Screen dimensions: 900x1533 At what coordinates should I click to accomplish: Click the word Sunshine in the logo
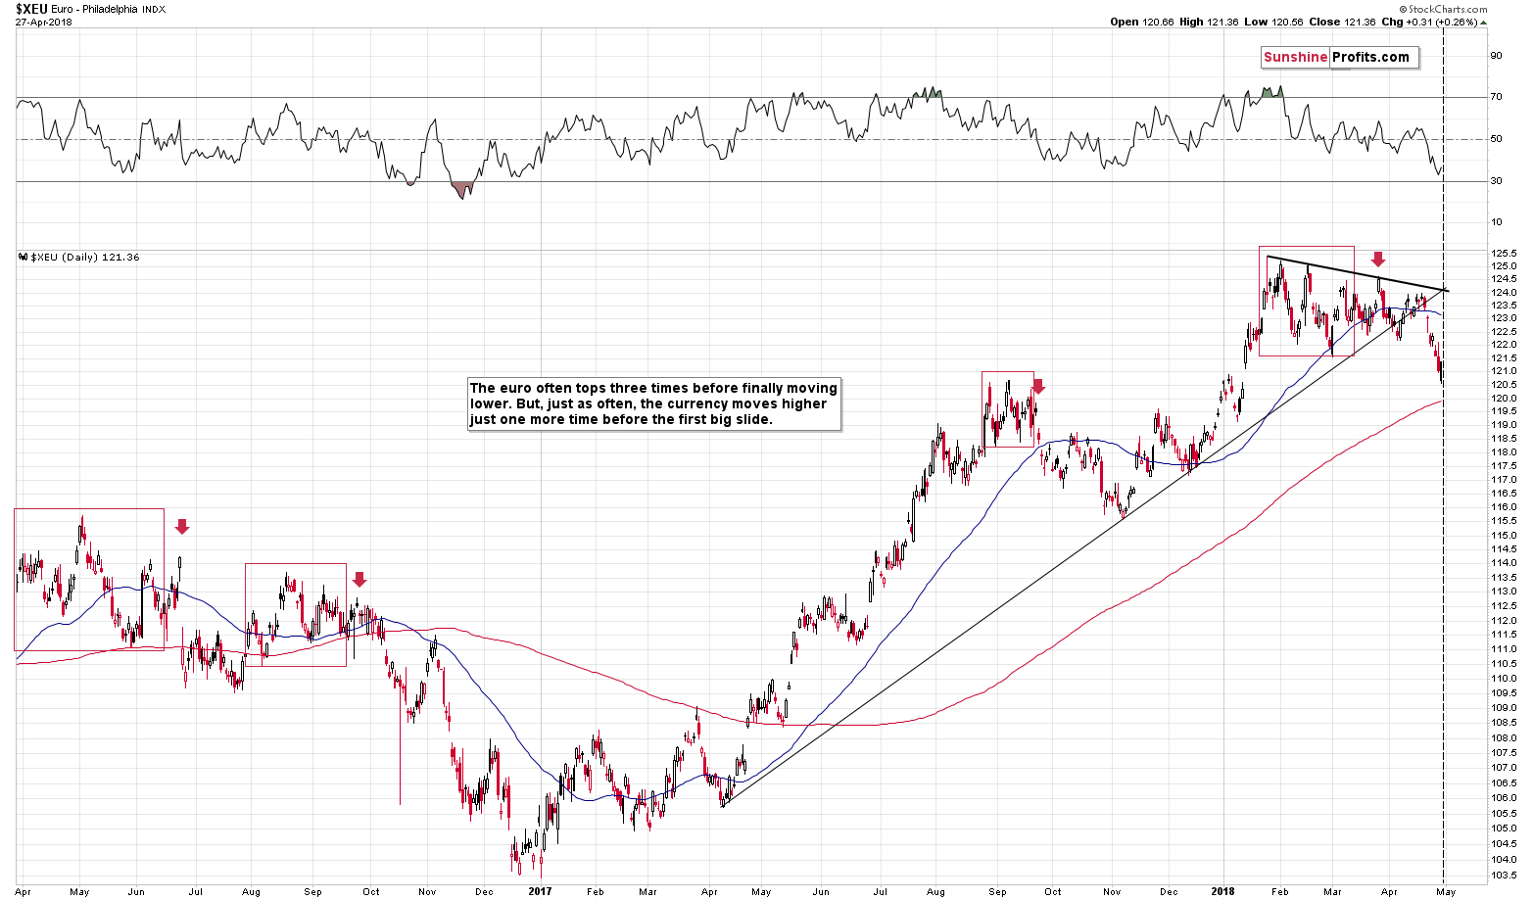pos(1295,58)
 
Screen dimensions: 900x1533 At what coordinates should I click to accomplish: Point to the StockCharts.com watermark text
pos(1449,9)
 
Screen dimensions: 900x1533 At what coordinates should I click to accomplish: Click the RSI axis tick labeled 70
pos(1496,97)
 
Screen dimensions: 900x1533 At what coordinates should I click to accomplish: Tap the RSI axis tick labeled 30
pos(1496,181)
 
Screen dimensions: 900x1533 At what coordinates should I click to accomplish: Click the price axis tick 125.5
pos(1504,253)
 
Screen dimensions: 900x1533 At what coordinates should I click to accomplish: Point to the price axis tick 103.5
pos(1504,876)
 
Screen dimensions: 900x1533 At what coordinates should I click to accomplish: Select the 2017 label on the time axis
pos(541,892)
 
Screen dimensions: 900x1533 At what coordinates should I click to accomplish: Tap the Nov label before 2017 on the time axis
pos(427,892)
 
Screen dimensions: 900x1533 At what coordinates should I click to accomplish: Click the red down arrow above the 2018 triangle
pos(1378,260)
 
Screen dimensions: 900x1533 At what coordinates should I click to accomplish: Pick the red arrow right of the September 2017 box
pos(1038,387)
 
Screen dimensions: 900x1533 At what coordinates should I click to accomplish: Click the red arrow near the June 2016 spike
pos(181,527)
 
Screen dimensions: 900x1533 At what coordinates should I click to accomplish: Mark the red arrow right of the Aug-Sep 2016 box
pos(359,580)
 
